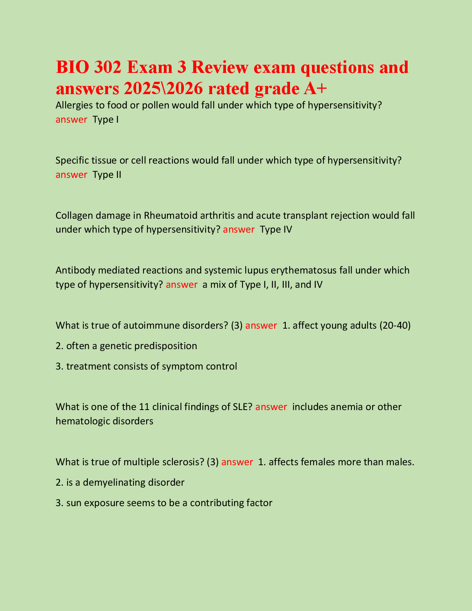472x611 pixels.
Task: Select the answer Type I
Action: pos(106,120)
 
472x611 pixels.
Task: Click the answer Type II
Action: pos(107,175)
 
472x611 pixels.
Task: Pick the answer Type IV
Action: pos(276,230)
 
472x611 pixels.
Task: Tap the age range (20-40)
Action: pos(395,326)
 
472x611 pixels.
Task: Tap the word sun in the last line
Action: pos(73,503)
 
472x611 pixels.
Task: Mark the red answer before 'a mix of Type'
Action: pos(182,285)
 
